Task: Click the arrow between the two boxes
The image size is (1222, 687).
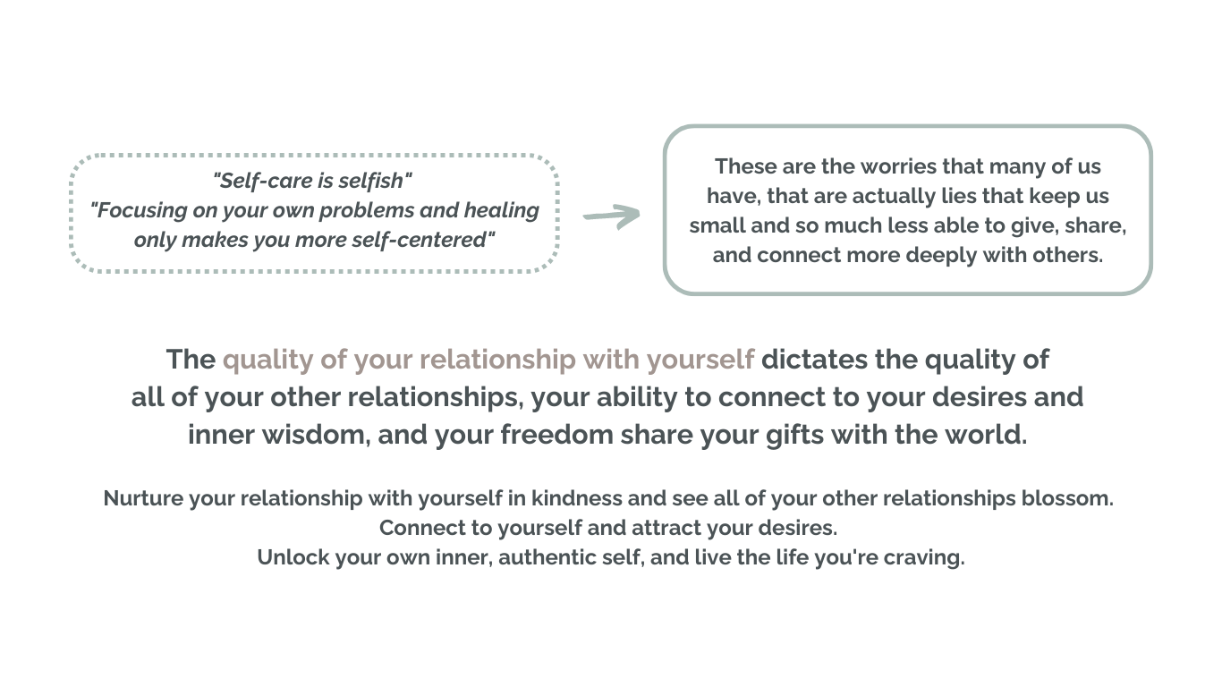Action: pyautogui.click(x=611, y=216)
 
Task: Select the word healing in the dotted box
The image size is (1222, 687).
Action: pyautogui.click(x=501, y=210)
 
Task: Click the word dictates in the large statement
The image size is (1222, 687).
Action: pyautogui.click(x=814, y=360)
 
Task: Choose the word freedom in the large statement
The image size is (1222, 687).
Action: pyautogui.click(x=557, y=435)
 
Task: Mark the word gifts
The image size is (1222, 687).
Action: pyautogui.click(x=794, y=436)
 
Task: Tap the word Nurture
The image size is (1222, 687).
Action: pyautogui.click(x=143, y=499)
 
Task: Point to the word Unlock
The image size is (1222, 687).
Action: pyautogui.click(x=293, y=557)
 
